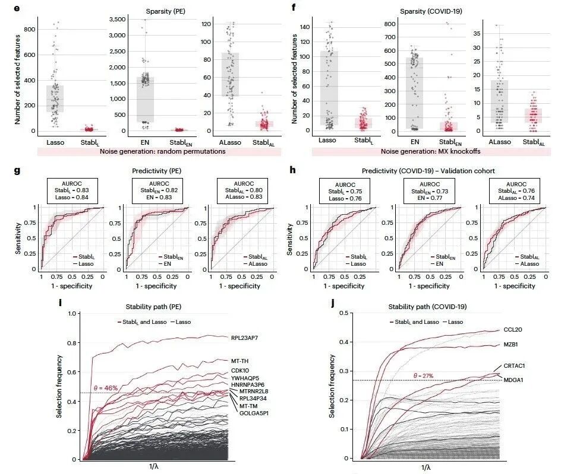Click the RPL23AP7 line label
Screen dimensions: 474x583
click(x=250, y=338)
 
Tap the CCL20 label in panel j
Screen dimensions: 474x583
click(x=513, y=329)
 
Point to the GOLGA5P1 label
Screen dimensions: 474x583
click(x=254, y=413)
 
